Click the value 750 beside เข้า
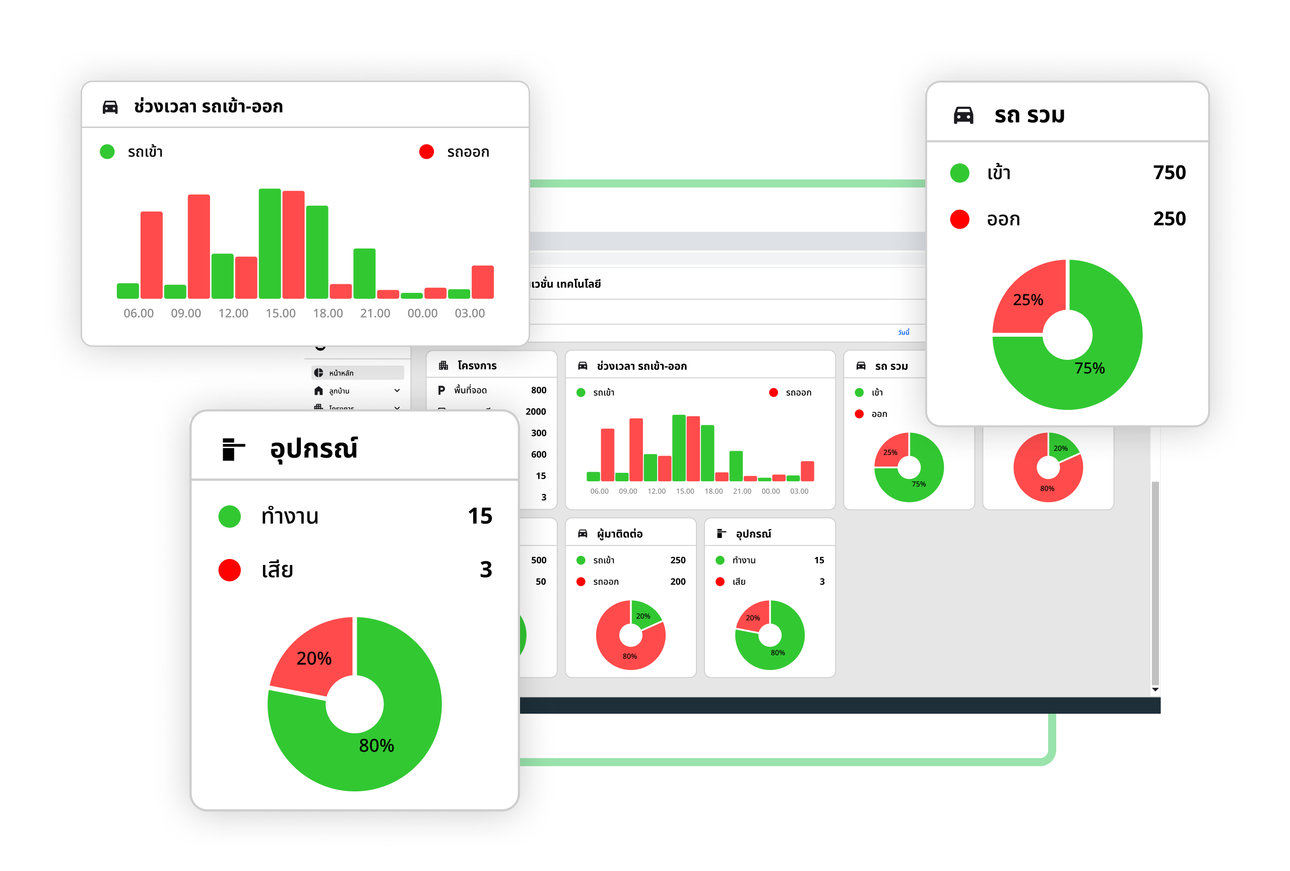tap(1169, 173)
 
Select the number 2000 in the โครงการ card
tap(536, 411)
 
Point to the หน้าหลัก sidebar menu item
tap(341, 373)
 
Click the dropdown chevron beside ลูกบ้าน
tap(397, 391)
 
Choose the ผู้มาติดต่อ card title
tap(619, 534)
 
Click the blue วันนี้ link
tap(904, 332)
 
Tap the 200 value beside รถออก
tap(678, 582)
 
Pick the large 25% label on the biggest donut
tap(1028, 300)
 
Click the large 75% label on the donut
tap(1089, 368)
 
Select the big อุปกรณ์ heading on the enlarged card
tap(313, 449)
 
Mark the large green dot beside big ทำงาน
tap(229, 516)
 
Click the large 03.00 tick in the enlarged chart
tap(470, 313)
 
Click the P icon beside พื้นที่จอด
tap(441, 390)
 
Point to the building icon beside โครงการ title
tap(443, 365)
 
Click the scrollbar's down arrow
tap(1155, 690)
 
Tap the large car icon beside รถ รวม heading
tap(963, 115)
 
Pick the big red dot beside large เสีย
tap(229, 570)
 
